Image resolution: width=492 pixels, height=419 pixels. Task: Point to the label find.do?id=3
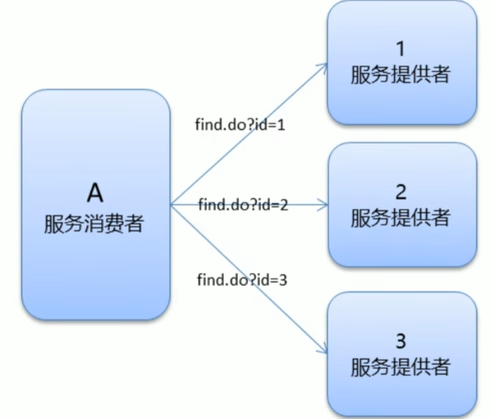242,280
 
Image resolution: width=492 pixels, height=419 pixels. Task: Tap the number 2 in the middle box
401,192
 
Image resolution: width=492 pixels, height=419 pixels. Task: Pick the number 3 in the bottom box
401,341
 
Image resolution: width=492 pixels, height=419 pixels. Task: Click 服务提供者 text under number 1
401,75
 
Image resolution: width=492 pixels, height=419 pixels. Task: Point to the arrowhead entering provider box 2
324,204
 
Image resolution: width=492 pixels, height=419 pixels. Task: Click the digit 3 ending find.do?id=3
283,280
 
